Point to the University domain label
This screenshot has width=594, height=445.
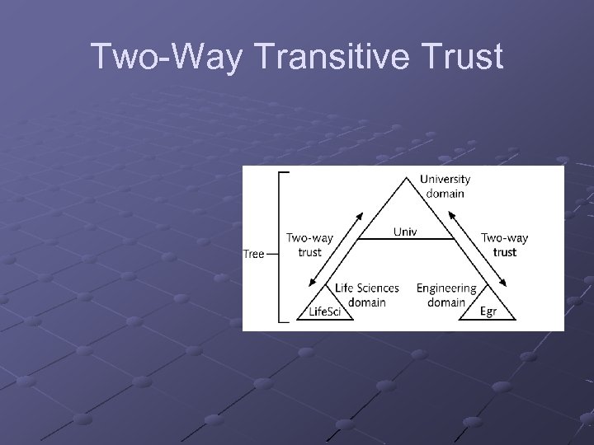pyautogui.click(x=445, y=185)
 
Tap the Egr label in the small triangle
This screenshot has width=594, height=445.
pyautogui.click(x=490, y=311)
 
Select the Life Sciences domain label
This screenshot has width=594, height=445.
pyautogui.click(x=367, y=294)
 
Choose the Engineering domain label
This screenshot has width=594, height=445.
pyautogui.click(x=446, y=294)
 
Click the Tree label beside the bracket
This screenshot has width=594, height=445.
pyautogui.click(x=253, y=253)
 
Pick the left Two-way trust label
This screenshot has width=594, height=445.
pyautogui.click(x=309, y=245)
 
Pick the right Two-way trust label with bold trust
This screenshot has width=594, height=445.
pyautogui.click(x=504, y=245)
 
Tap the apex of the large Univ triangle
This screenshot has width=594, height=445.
pyautogui.click(x=404, y=175)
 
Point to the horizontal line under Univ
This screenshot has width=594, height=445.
pyautogui.click(x=404, y=238)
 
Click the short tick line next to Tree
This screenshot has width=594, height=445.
pyautogui.click(x=273, y=254)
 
